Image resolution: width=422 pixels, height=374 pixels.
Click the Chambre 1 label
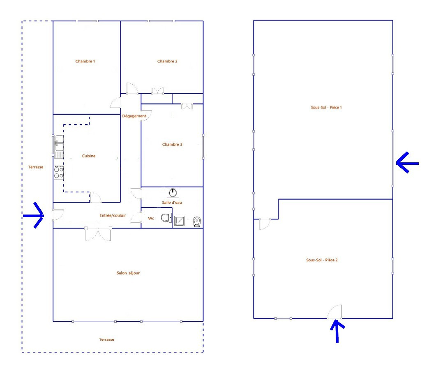pyautogui.click(x=85, y=61)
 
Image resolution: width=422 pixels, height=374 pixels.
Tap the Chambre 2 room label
pyautogui.click(x=167, y=61)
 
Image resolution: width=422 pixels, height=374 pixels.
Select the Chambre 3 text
pyautogui.click(x=172, y=144)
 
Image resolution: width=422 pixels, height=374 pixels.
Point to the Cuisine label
pyautogui.click(x=88, y=156)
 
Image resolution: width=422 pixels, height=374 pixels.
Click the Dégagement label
pyautogui.click(x=134, y=116)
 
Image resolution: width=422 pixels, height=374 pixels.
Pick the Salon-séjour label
pyautogui.click(x=128, y=273)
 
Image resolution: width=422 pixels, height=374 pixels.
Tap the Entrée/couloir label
pyautogui.click(x=113, y=215)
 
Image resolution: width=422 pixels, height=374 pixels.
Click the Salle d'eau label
pyautogui.click(x=172, y=202)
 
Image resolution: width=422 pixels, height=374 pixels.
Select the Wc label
pyautogui.click(x=151, y=218)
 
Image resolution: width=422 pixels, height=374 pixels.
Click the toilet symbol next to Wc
pyautogui.click(x=166, y=217)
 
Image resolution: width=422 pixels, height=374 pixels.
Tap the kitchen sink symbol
pyautogui.click(x=59, y=147)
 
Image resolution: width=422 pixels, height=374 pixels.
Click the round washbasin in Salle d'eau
pyautogui.click(x=173, y=193)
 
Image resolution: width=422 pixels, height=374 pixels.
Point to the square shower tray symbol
pyautogui.click(x=179, y=221)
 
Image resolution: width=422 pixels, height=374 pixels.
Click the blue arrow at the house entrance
pyautogui.click(x=33, y=215)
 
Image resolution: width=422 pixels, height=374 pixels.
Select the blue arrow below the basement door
pyautogui.click(x=337, y=331)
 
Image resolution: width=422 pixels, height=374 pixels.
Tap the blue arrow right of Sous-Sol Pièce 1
pyautogui.click(x=407, y=163)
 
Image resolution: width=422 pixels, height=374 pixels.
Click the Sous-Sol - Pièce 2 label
pyautogui.click(x=322, y=260)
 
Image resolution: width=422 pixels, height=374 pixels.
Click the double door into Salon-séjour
pyautogui.click(x=98, y=234)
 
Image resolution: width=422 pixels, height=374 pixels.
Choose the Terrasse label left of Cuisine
pyautogui.click(x=35, y=167)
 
